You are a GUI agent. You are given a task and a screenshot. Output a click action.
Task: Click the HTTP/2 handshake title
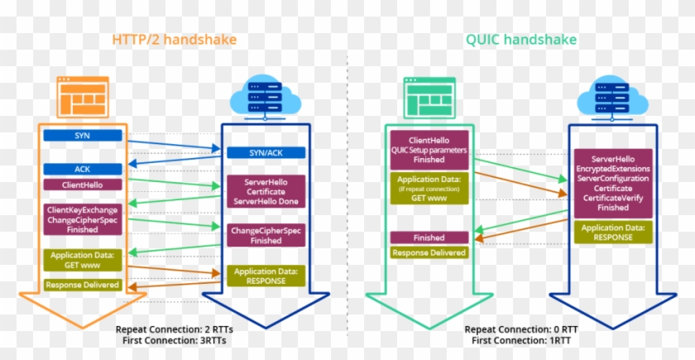(x=175, y=40)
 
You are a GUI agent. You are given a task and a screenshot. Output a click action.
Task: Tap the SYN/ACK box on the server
(x=266, y=152)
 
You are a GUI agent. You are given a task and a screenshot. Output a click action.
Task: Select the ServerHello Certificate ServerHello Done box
(x=266, y=192)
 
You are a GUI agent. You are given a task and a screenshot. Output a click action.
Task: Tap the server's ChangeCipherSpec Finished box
(x=266, y=236)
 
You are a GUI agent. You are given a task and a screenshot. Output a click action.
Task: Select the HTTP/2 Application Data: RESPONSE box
(x=266, y=276)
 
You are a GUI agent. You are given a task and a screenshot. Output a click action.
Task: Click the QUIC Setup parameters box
(x=429, y=150)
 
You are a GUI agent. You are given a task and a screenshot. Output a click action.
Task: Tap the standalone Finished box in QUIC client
(x=429, y=238)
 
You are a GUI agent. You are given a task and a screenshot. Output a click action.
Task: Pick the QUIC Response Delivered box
(x=429, y=253)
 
